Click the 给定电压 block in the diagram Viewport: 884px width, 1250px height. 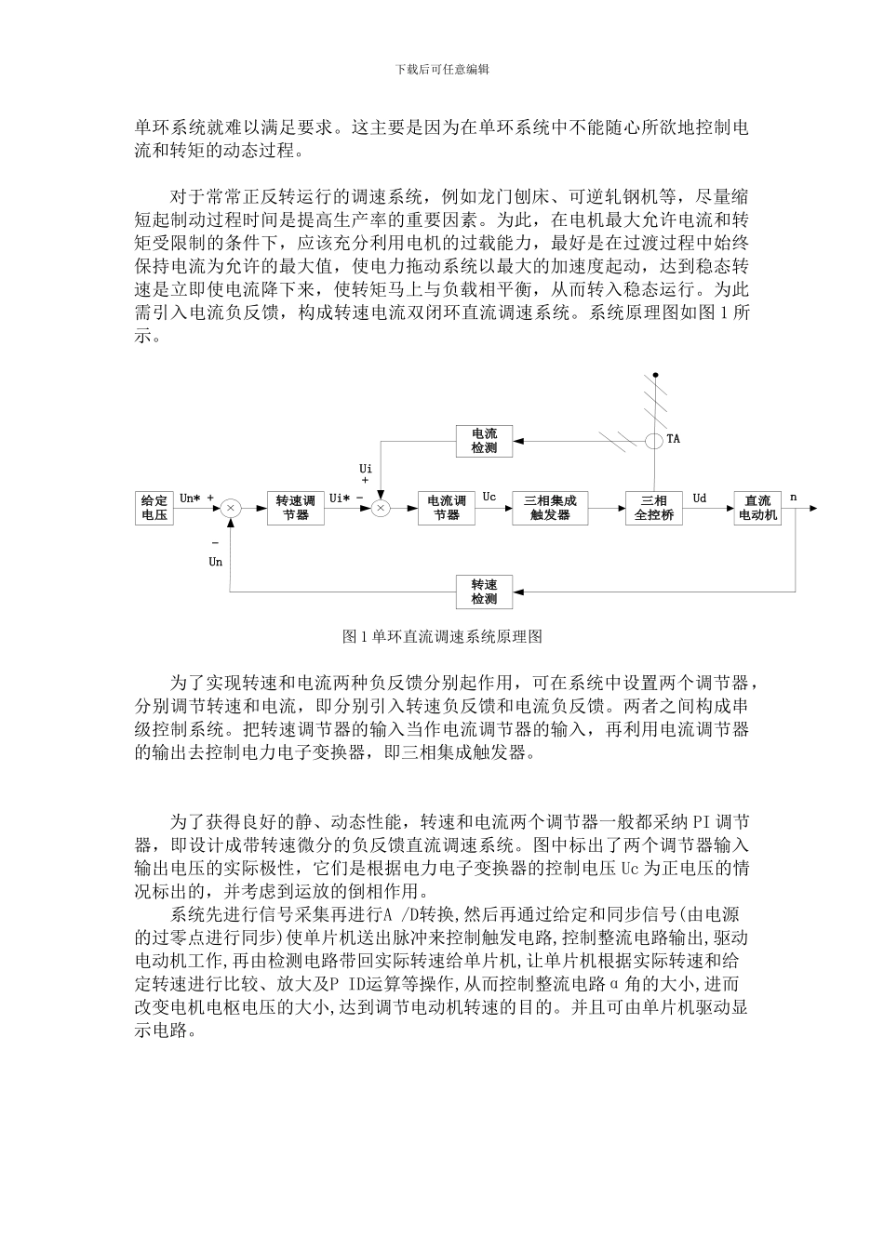[154, 507]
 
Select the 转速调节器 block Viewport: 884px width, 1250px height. [296, 507]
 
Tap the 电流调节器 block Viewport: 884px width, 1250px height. [447, 507]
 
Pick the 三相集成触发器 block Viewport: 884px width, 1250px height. [550, 507]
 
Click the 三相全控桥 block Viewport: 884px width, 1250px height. [653, 507]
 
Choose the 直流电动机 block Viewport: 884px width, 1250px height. [757, 507]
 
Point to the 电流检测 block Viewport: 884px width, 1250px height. [484, 440]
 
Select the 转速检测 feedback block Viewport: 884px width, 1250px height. [484, 592]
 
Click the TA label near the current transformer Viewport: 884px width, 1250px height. [674, 439]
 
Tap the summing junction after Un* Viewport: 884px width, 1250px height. [231, 507]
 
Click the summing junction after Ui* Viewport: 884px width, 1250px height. [381, 507]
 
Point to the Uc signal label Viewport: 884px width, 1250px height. [489, 498]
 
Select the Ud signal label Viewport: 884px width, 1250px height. [700, 499]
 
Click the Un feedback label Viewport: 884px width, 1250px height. [216, 562]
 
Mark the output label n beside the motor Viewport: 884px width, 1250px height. [794, 498]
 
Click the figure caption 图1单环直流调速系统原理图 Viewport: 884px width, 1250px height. [442, 637]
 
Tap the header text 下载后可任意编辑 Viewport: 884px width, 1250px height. [442, 69]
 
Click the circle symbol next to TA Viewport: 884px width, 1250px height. [656, 439]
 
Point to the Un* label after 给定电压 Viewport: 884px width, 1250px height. [190, 499]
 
